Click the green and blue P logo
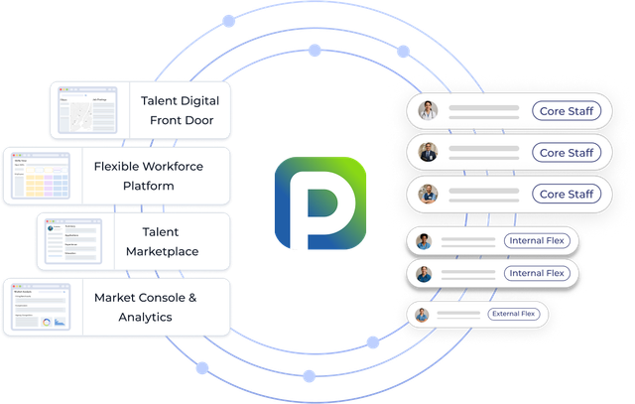pos(319,202)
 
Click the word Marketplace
pos(162,251)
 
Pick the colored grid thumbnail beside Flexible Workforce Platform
pos(40,177)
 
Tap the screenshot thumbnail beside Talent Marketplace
pos(73,242)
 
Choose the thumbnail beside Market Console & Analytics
pos(40,308)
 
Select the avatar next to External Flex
pos(423,315)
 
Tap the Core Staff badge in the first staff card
pos(567,111)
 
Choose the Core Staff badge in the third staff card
pos(567,194)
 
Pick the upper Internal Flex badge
pos(536,240)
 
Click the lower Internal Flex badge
pos(536,273)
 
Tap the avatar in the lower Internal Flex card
pos(424,273)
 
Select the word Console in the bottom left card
pos(159,298)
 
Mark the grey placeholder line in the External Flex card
pos(456,315)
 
